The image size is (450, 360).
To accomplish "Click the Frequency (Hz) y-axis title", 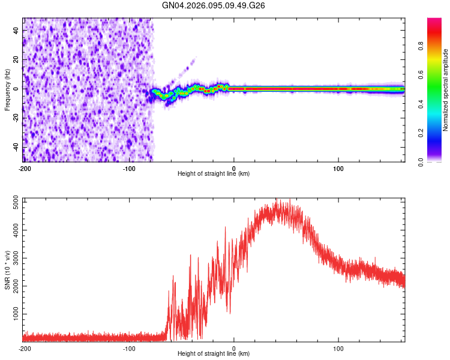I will click(7, 90).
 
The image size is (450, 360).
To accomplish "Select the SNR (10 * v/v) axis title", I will click(7, 269).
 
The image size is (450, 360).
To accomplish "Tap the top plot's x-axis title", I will click(214, 174).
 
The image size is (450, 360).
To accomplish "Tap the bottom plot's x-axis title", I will click(214, 354).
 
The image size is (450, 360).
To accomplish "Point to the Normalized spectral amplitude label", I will click(446, 90).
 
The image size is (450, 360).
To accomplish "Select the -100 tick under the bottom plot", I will click(129, 348).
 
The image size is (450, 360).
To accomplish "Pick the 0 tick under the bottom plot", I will click(234, 348).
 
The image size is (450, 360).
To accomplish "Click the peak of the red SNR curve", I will click(278, 202).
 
